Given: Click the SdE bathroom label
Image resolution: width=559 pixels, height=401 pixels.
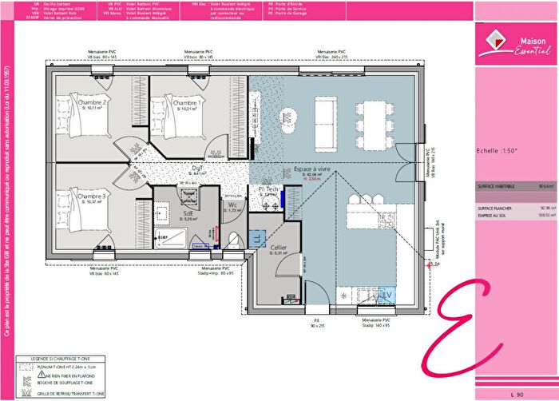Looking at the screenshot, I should pyautogui.click(x=189, y=214).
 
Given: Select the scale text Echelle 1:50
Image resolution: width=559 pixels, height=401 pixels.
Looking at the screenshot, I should pyautogui.click(x=496, y=150).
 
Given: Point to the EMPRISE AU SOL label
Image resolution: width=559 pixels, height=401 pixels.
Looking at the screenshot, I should pyautogui.click(x=494, y=215).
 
